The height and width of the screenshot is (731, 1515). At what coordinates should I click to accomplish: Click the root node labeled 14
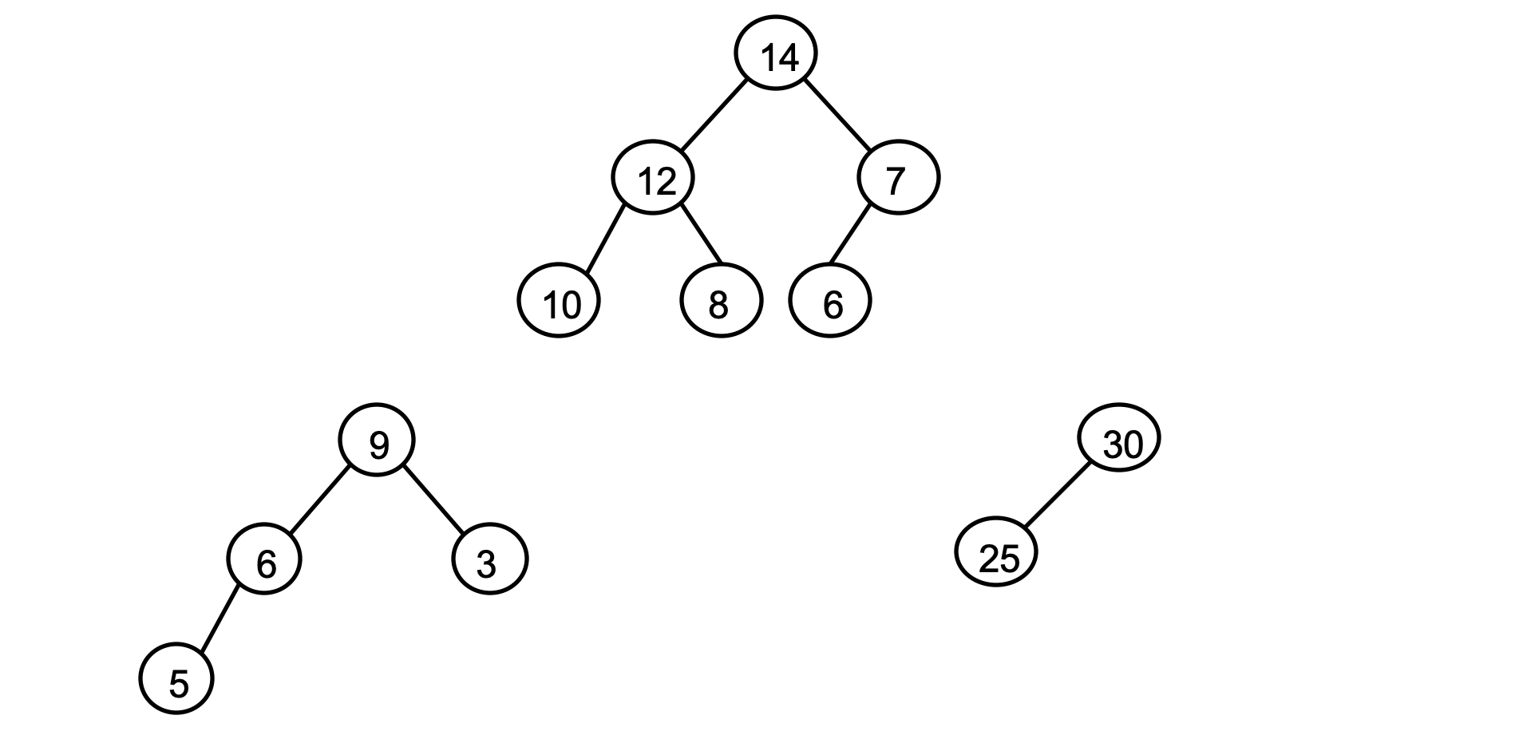pyautogui.click(x=775, y=53)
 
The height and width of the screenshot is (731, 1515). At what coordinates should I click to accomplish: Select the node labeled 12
pyautogui.click(x=653, y=177)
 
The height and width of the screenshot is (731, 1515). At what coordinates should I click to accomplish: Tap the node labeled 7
pyautogui.click(x=898, y=177)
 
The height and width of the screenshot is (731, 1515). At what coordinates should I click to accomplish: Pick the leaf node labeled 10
pyautogui.click(x=559, y=302)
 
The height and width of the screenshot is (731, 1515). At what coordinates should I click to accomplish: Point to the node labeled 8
pyautogui.click(x=721, y=302)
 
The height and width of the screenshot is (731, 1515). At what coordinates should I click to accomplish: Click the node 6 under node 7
pyautogui.click(x=829, y=302)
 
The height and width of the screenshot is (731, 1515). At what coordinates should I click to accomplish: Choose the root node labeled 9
pyautogui.click(x=377, y=441)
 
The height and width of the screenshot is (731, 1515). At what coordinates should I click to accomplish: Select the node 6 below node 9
pyautogui.click(x=264, y=559)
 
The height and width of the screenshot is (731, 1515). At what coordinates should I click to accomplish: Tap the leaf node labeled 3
pyautogui.click(x=489, y=559)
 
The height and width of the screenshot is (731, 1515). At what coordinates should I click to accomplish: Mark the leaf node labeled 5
pyautogui.click(x=176, y=678)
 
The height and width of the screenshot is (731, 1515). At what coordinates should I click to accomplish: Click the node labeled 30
pyautogui.click(x=1118, y=437)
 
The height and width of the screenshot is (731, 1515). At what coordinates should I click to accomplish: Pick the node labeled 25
pyautogui.click(x=996, y=552)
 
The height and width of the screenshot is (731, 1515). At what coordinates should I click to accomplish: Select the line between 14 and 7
pyautogui.click(x=837, y=115)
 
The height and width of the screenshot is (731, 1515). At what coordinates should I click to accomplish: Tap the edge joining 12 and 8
pyautogui.click(x=702, y=235)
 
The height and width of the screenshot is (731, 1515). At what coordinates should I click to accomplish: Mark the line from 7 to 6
pyautogui.click(x=849, y=235)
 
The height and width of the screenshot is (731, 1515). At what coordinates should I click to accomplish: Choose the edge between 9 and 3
pyautogui.click(x=433, y=498)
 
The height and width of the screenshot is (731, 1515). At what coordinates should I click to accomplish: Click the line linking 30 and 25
pyautogui.click(x=1057, y=495)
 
